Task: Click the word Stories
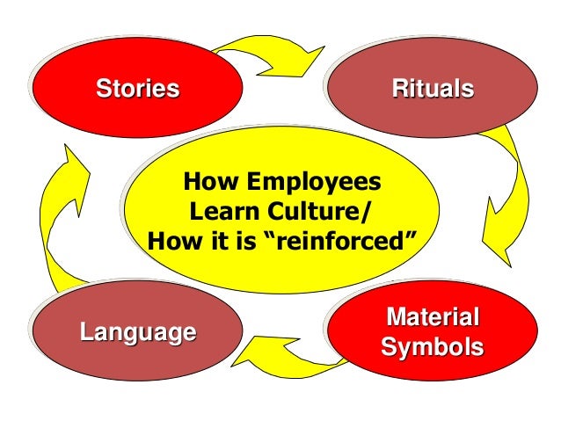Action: [x=137, y=89]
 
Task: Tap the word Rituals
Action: [x=433, y=89]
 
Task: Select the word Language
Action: [x=137, y=332]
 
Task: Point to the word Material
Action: [x=433, y=317]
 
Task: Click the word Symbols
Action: [x=433, y=346]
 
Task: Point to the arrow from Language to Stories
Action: [x=62, y=220]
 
